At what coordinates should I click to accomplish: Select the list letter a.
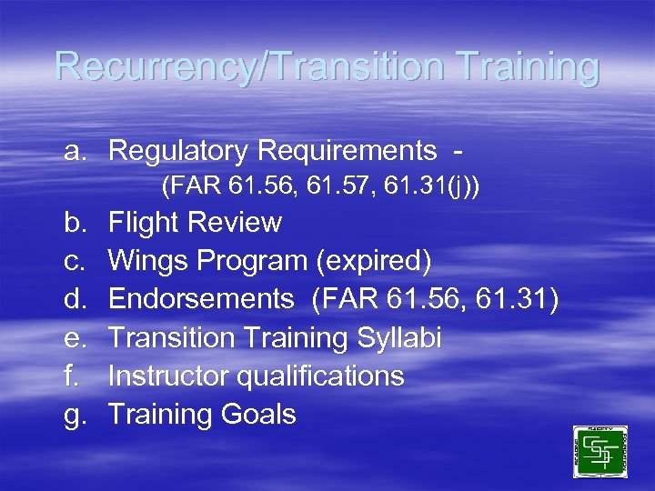pos(75,150)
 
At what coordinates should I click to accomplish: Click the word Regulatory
pos(178,150)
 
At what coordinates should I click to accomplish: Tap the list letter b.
pos(75,223)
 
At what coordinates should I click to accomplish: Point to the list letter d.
pos(75,300)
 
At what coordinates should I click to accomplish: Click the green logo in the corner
pos(600,452)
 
